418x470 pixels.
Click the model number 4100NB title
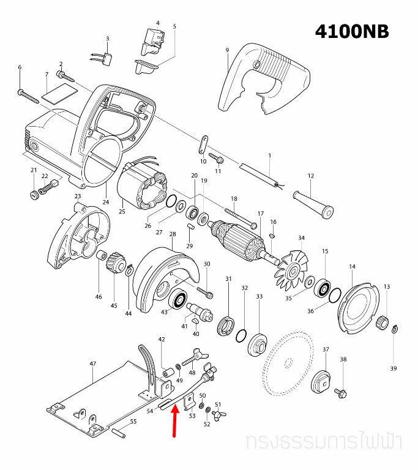(351, 31)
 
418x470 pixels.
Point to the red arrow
(175, 422)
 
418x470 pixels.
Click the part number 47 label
(93, 364)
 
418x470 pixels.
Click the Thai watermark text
(328, 442)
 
